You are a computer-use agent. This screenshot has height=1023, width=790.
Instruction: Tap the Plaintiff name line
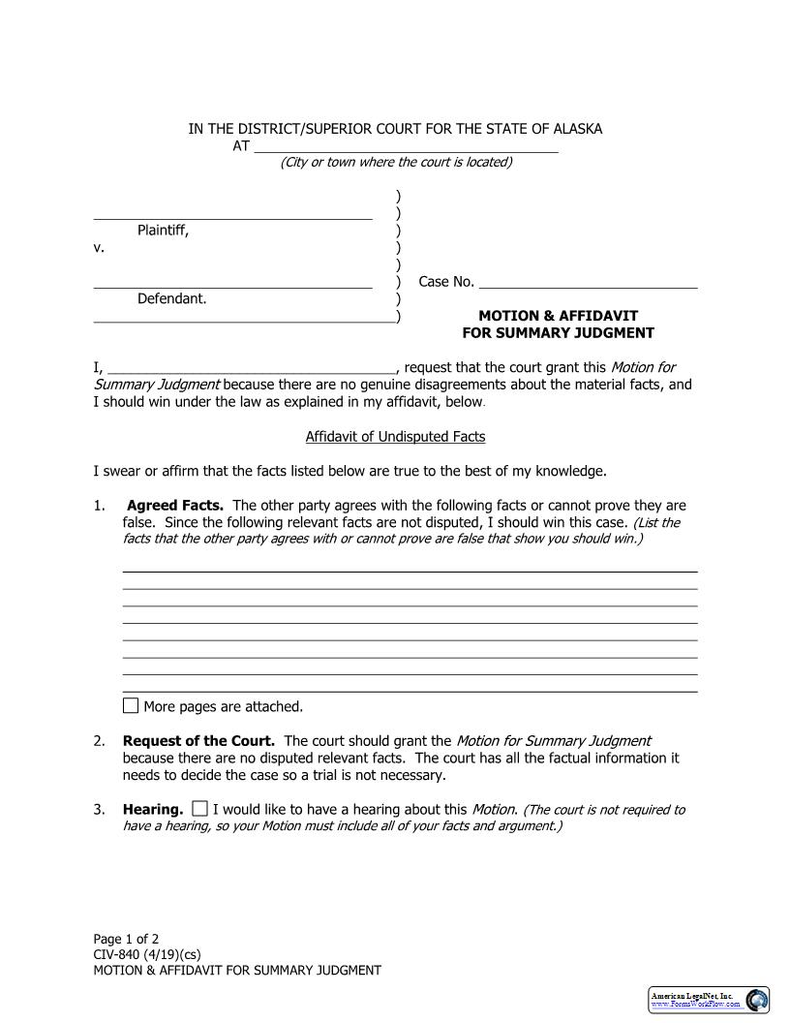(232, 213)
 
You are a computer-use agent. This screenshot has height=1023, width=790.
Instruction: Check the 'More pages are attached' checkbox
(131, 705)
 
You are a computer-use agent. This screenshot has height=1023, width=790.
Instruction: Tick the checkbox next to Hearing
(199, 808)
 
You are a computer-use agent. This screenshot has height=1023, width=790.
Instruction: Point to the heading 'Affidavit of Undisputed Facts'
(395, 437)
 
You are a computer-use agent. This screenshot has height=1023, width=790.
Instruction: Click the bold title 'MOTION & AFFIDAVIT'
(559, 316)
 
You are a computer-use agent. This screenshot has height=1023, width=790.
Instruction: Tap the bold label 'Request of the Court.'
(198, 741)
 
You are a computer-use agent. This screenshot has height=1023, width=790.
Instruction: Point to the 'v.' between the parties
(99, 248)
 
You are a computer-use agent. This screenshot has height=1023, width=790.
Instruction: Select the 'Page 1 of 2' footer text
(126, 939)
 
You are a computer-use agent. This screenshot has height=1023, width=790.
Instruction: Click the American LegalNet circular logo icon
(757, 1000)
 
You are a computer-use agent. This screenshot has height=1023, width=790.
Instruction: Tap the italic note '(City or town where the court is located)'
(396, 162)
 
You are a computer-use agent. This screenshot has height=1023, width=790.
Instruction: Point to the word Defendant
(171, 298)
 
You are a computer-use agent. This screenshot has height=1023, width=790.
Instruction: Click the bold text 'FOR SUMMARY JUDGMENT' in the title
(558, 333)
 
